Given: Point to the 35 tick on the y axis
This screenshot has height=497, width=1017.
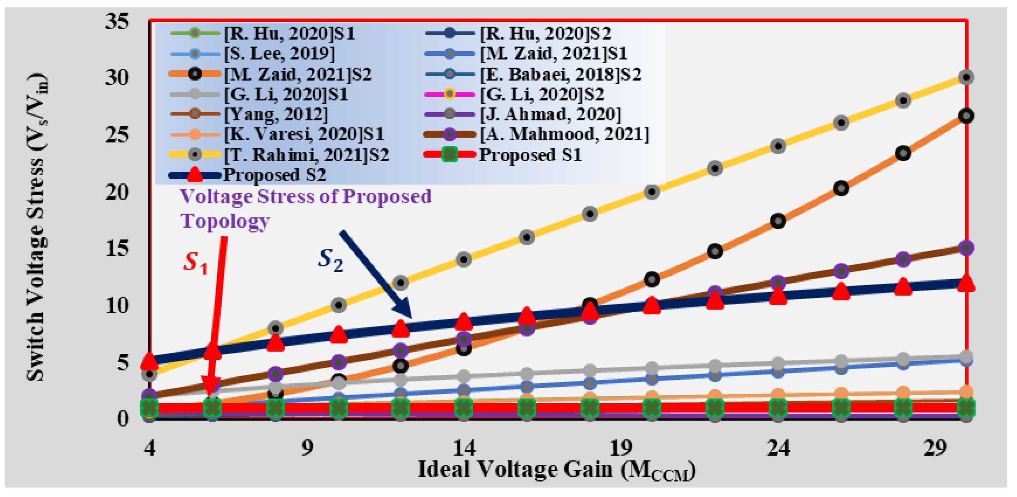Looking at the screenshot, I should pyautogui.click(x=117, y=21).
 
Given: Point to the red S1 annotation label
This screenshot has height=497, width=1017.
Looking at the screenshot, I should pyautogui.click(x=196, y=262).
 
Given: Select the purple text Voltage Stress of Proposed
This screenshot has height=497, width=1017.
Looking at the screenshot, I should pyautogui.click(x=305, y=196).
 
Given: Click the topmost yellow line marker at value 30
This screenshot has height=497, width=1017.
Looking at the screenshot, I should pyautogui.click(x=966, y=77).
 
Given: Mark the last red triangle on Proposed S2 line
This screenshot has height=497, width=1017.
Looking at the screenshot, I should pyautogui.click(x=966, y=283).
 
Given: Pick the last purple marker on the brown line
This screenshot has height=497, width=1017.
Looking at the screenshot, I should pyautogui.click(x=966, y=247).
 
